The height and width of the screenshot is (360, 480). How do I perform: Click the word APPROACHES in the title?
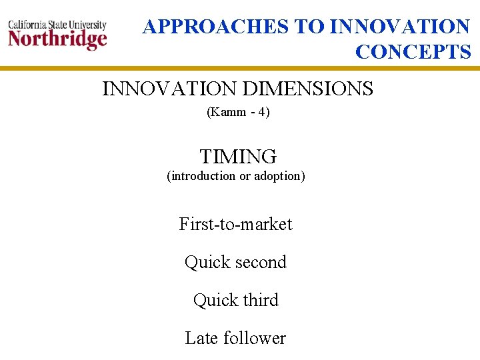pyautogui.click(x=216, y=27)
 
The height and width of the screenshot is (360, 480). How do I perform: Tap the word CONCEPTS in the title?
pyautogui.click(x=413, y=52)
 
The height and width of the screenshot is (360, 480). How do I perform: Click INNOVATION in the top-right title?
pyautogui.click(x=400, y=27)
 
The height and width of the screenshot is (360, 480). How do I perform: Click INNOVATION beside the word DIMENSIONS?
pyautogui.click(x=169, y=89)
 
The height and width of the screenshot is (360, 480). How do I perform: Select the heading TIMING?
pyautogui.click(x=238, y=157)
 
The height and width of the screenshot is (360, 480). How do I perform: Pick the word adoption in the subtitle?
pyautogui.click(x=279, y=176)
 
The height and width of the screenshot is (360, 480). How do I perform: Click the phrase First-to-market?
pyautogui.click(x=236, y=224)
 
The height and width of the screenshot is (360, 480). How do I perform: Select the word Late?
pyautogui.click(x=201, y=338)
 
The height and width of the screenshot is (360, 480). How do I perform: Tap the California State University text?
pyautogui.click(x=57, y=25)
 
